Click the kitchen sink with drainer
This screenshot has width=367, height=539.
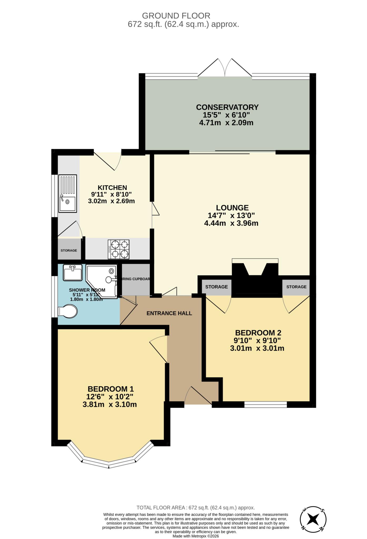pyautogui.click(x=67, y=193)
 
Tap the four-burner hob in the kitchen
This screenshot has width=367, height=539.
pyautogui.click(x=118, y=249)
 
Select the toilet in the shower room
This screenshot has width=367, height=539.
pyautogui.click(x=68, y=311)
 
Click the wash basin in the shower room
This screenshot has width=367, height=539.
pyautogui.click(x=72, y=273)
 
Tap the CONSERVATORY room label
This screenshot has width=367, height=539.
pyautogui.click(x=227, y=107)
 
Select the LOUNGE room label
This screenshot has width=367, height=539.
pyautogui.click(x=232, y=208)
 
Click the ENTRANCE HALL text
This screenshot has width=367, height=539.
pyautogui.click(x=169, y=313)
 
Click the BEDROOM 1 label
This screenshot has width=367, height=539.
pyautogui.click(x=111, y=389)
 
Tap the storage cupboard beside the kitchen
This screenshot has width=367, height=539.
pyautogui.click(x=69, y=250)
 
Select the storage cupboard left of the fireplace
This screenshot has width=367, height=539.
pyautogui.click(x=216, y=287)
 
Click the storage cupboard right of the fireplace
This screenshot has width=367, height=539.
pyautogui.click(x=296, y=287)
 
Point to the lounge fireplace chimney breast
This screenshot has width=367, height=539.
pyautogui.click(x=255, y=279)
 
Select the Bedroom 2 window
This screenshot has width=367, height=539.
pyautogui.click(x=265, y=405)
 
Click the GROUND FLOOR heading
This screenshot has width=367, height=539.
pyautogui.click(x=176, y=16)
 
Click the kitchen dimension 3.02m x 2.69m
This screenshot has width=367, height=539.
pyautogui.click(x=111, y=201)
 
